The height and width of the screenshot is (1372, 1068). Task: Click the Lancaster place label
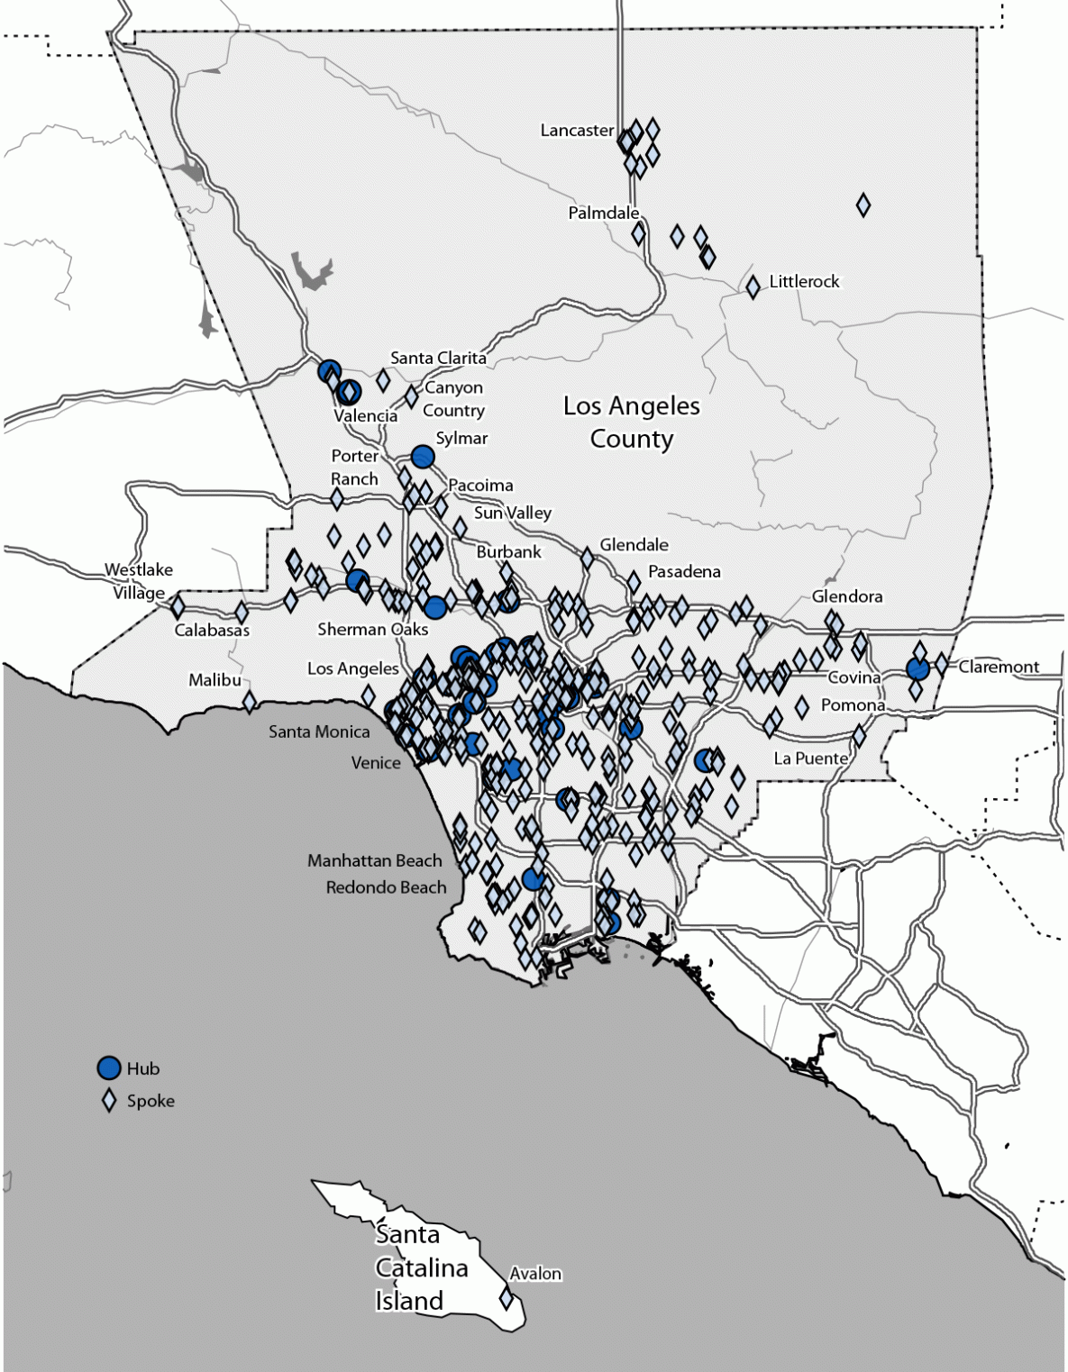point(577,131)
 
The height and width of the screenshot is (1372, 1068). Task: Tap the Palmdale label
point(603,214)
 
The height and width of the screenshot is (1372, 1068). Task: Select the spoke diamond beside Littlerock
point(753,287)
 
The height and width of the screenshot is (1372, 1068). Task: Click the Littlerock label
point(804,282)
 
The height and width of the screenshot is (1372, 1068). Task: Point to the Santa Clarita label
point(438,358)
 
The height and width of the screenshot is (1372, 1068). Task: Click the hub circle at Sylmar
point(423,457)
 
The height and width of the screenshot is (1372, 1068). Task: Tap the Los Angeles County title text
point(632,423)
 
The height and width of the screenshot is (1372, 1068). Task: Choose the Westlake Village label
point(139,581)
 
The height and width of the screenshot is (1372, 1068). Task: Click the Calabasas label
point(212,630)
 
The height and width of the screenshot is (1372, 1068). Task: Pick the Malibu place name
point(215,680)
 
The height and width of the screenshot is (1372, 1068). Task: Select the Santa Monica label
point(319,731)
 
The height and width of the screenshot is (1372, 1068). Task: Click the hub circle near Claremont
point(917,669)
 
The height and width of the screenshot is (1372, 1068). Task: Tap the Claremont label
point(999,668)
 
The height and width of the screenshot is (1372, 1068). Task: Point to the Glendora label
point(847,596)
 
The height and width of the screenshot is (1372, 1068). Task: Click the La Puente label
point(811,759)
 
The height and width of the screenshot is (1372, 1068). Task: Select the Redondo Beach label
point(386,887)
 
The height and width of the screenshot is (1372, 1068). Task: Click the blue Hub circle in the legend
point(109,1068)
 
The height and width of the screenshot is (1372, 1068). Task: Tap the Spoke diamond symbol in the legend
point(109,1101)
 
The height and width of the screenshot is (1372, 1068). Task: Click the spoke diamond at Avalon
point(507,1299)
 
